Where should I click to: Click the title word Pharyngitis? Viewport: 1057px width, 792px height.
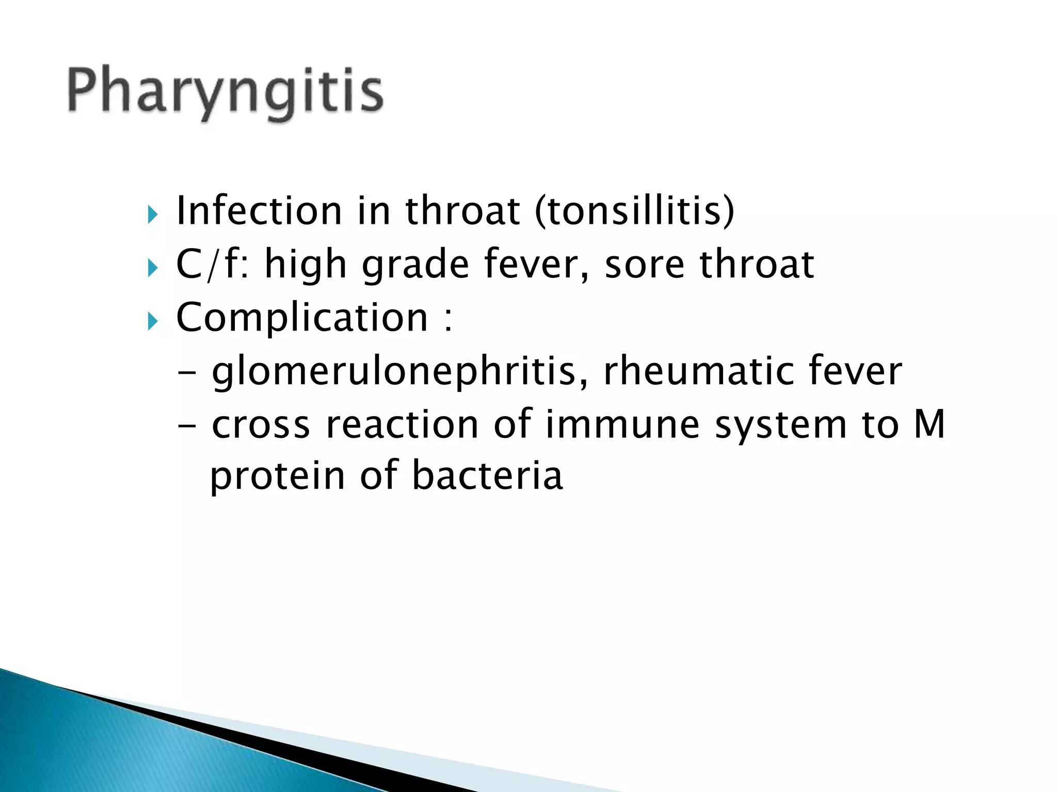pos(226,92)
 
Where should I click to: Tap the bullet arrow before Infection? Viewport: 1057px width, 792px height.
pos(152,213)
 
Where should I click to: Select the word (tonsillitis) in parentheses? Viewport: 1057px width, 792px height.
pos(634,211)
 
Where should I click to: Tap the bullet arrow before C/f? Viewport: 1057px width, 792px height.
pos(152,268)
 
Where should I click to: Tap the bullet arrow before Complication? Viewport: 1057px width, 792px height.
pos(152,322)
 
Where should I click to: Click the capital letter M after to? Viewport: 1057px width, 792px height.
pos(930,424)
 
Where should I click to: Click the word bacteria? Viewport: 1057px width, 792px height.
pos(487,475)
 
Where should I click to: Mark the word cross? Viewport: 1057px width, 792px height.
pos(261,426)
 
